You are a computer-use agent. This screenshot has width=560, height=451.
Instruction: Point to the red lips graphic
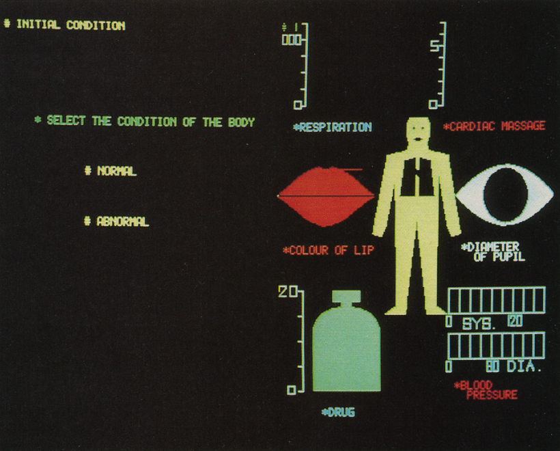pyautogui.click(x=326, y=196)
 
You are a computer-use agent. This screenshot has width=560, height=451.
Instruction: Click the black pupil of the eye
pyautogui.click(x=505, y=195)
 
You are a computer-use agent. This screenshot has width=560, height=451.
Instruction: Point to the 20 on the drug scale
pyautogui.click(x=288, y=292)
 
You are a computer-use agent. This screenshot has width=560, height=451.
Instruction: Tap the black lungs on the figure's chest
pyautogui.click(x=417, y=177)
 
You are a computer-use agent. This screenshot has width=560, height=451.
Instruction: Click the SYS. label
pyautogui.click(x=479, y=324)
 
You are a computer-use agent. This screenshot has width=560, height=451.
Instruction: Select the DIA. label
pyautogui.click(x=524, y=366)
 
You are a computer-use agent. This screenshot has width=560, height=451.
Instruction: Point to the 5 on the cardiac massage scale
pyautogui.click(x=435, y=46)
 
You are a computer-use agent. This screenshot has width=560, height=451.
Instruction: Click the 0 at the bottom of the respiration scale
pyautogui.click(x=298, y=105)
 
